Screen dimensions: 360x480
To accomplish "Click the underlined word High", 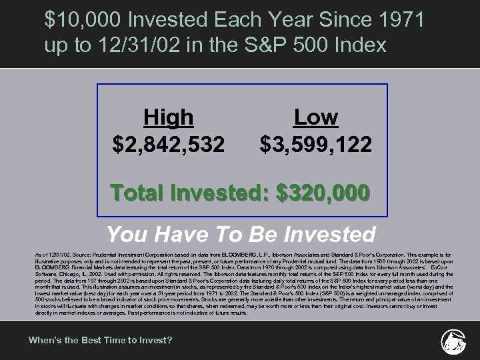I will [x=169, y=118].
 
